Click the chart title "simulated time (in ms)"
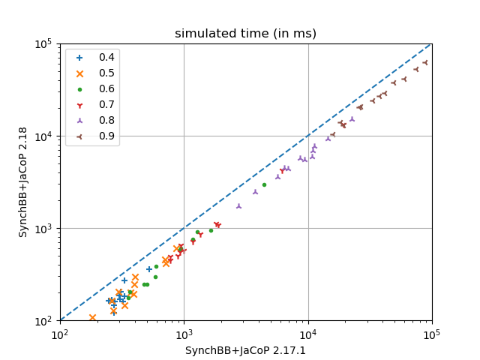tap(245, 34)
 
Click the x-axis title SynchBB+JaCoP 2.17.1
tap(245, 350)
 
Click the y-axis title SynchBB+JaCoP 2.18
tap(23, 182)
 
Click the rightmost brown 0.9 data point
tap(425, 63)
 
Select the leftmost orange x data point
tap(92, 318)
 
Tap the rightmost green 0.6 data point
tap(264, 184)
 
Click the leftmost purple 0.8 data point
tap(238, 205)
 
